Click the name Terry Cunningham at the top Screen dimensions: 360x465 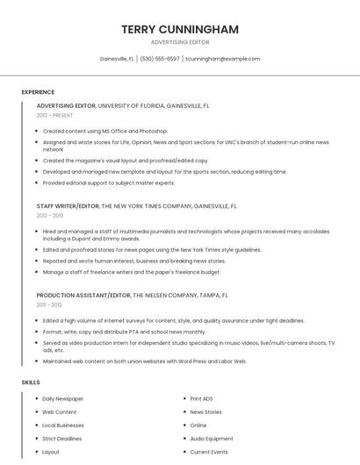[x=180, y=29]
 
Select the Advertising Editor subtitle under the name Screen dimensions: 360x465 [x=180, y=42]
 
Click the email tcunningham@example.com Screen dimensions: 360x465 [x=223, y=59]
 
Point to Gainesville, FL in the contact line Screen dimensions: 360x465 [x=117, y=59]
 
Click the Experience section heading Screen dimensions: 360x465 [x=38, y=92]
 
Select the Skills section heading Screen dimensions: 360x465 [x=31, y=383]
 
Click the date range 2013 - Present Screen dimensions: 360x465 [x=54, y=115]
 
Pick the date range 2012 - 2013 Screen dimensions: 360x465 [x=50, y=215]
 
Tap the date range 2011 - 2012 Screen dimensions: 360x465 [x=49, y=304]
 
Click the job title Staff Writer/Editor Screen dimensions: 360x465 [x=68, y=206]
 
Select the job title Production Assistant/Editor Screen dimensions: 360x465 [x=83, y=296]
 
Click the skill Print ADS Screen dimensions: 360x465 [x=202, y=398]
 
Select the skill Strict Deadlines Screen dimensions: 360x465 [x=62, y=439]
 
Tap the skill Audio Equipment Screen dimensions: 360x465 [x=212, y=439]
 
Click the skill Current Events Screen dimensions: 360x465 [x=209, y=452]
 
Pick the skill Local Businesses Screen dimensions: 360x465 [x=63, y=426]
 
